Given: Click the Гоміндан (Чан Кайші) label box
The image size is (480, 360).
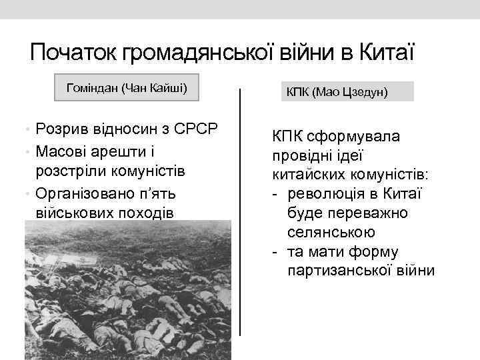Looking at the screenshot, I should coord(127,88).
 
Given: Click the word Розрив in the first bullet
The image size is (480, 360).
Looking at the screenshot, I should coord(62,128).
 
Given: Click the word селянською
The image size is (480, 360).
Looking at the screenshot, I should coord(331,233).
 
